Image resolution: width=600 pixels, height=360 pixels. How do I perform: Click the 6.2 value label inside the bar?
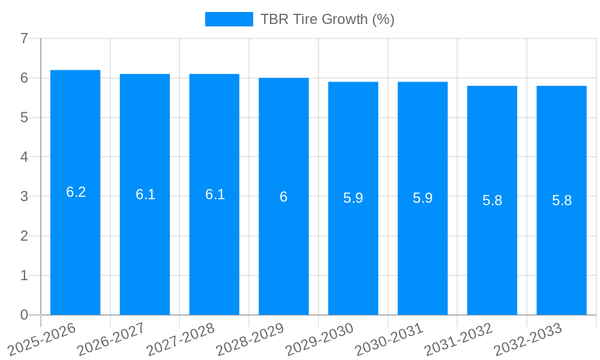76,192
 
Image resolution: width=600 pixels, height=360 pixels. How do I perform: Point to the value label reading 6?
284,197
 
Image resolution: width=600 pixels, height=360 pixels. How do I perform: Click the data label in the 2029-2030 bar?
353,198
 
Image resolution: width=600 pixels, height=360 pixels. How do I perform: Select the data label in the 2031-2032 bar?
492,200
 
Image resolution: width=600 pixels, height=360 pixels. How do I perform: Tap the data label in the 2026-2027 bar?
145,194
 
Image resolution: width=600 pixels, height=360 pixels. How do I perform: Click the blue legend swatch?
229,19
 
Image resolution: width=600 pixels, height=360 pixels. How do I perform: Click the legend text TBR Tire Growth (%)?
327,19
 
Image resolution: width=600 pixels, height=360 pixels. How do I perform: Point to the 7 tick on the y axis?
24,39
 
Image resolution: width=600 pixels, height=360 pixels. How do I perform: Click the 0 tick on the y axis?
24,315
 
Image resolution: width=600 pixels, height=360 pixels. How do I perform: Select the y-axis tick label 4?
24,157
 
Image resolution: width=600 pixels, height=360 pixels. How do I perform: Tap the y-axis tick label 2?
24,236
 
